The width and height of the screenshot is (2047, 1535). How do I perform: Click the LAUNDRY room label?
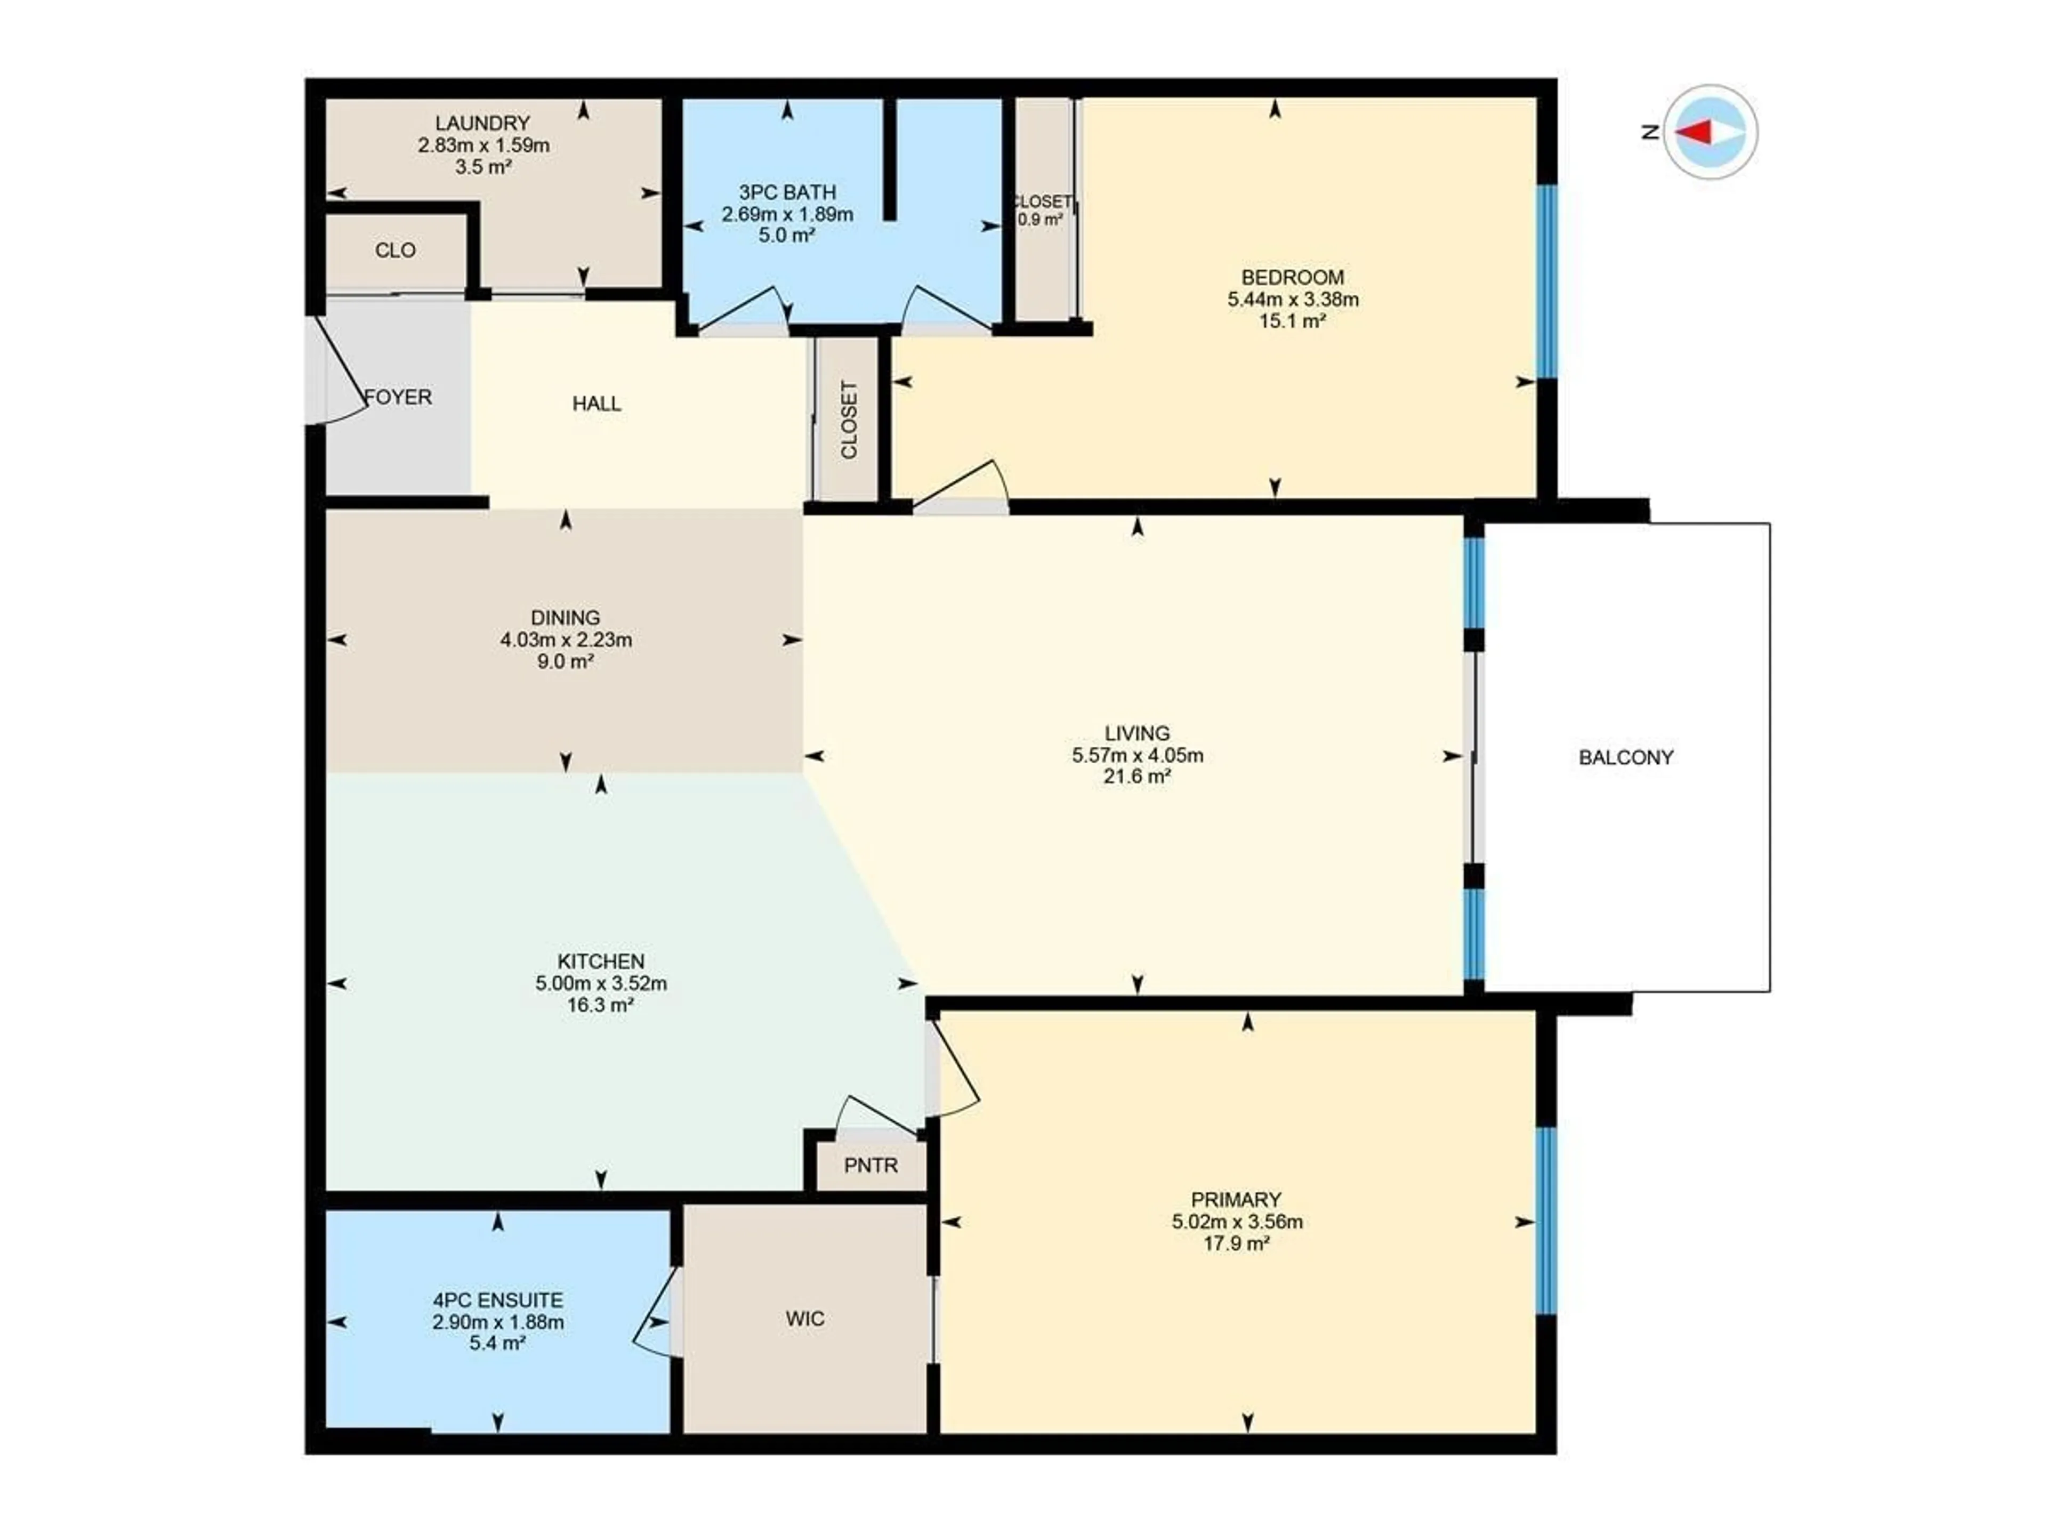click(482, 123)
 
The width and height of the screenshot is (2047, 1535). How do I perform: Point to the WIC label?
click(804, 1319)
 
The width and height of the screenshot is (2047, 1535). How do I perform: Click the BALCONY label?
click(1626, 758)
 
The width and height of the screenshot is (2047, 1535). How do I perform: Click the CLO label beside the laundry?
click(395, 251)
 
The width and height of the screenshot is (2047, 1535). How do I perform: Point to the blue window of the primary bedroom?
click(1545, 1222)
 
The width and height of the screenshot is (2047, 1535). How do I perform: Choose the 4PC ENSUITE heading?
click(498, 1300)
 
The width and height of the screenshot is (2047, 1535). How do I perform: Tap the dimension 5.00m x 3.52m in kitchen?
click(601, 983)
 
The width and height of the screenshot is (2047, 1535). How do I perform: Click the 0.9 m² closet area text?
click(1040, 220)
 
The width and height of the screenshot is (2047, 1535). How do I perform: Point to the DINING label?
click(566, 617)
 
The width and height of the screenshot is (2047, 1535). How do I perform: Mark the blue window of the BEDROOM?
click(1545, 282)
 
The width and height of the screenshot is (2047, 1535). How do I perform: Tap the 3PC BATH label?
click(787, 192)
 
